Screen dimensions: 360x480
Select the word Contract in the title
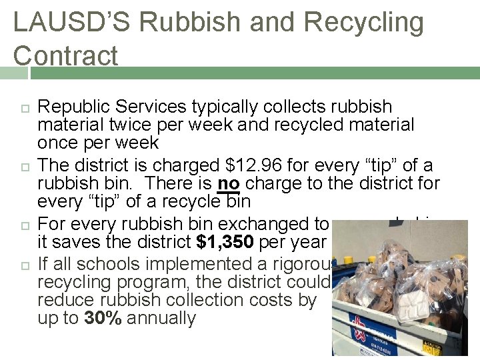tap(65, 55)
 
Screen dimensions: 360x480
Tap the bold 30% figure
tap(103, 318)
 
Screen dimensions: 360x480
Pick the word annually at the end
tap(161, 318)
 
